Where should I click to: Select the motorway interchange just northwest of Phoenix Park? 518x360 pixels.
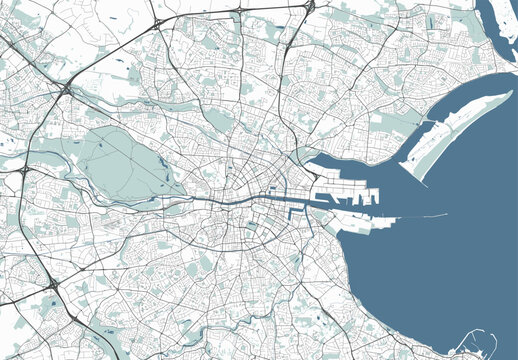pos(65,90)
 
